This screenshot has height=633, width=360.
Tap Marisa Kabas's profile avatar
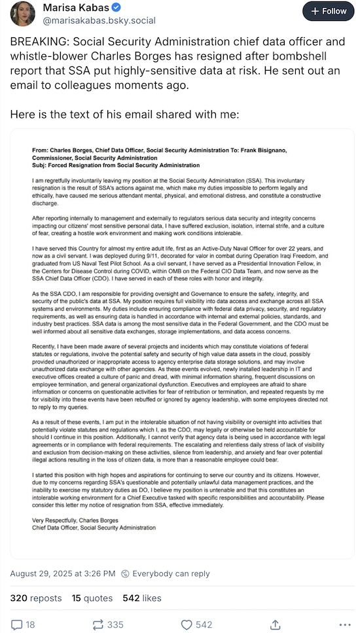click(23, 14)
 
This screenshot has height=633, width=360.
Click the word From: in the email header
click(41, 151)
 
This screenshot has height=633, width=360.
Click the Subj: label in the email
click(41, 166)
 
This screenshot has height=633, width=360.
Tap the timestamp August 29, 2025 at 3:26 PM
click(62, 573)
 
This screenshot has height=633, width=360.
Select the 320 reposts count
click(36, 598)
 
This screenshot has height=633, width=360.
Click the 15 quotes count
click(91, 598)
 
